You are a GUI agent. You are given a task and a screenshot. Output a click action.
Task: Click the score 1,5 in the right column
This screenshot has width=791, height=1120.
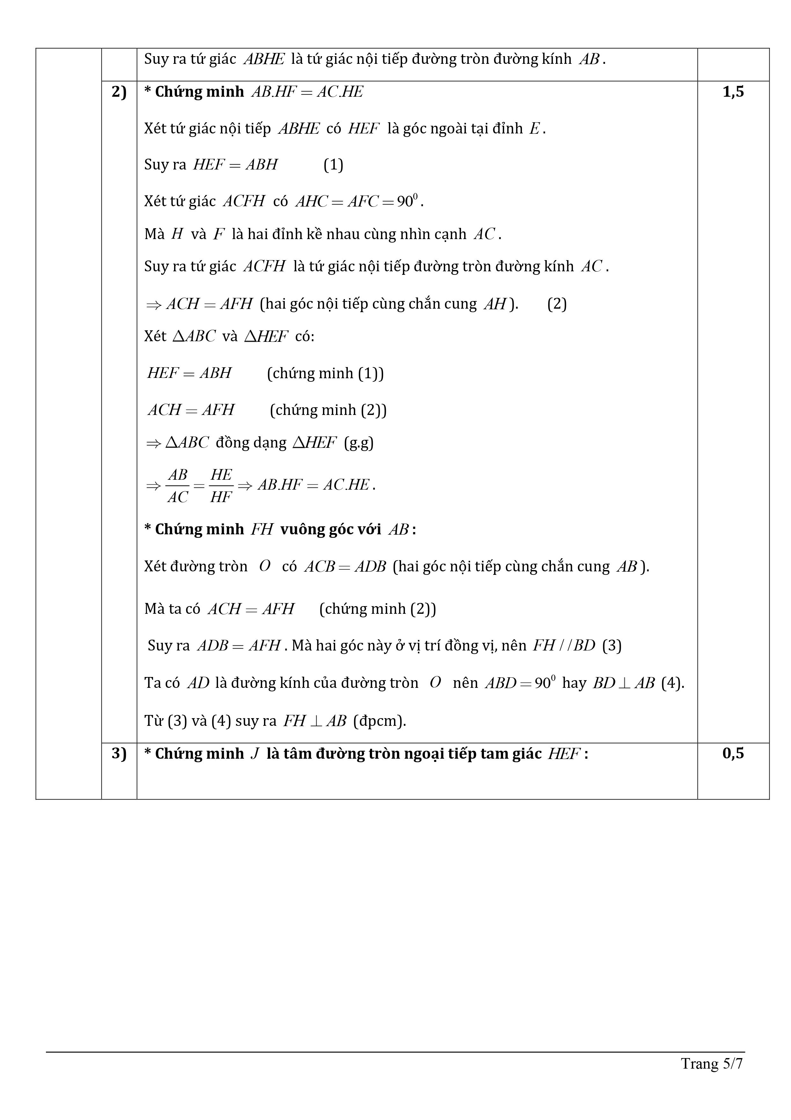pos(733,92)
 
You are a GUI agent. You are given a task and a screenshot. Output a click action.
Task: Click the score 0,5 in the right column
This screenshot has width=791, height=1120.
pos(733,753)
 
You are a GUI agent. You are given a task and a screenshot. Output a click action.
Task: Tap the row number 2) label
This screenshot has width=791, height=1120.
pos(119,92)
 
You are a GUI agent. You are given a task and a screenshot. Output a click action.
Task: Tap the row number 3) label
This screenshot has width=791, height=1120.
pos(119,753)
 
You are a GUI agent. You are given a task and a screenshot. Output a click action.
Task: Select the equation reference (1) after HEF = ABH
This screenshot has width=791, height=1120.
pos(333,165)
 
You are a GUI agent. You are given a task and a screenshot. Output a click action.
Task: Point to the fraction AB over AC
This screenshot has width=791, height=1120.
pos(177,485)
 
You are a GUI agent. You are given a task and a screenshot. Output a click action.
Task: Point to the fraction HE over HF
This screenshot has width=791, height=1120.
pos(221,485)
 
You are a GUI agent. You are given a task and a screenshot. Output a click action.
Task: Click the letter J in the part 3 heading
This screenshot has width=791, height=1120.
pos(254,754)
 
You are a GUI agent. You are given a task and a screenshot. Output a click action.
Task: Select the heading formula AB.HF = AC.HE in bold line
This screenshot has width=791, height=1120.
pos(307,92)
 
